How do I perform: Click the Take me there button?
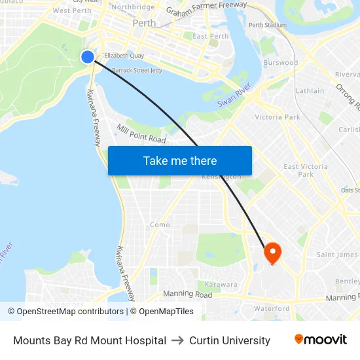tap(180, 160)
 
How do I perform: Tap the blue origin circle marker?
tap(88, 57)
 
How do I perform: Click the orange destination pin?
tap(272, 253)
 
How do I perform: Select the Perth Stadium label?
tap(268, 25)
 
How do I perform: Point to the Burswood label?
tap(280, 63)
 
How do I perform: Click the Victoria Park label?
tap(278, 117)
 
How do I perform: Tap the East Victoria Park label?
tap(306, 170)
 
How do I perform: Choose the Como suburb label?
tap(160, 225)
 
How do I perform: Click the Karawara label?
tap(221, 285)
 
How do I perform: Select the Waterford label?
tap(272, 308)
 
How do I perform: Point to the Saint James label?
tap(337, 255)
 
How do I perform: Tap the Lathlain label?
tap(310, 91)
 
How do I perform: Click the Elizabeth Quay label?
tap(124, 56)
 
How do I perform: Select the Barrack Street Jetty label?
tap(137, 70)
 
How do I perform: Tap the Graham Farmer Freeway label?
tap(206, 9)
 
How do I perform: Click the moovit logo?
tap(320, 340)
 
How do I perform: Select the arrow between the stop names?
tap(177, 340)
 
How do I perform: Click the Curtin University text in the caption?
tap(230, 340)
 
